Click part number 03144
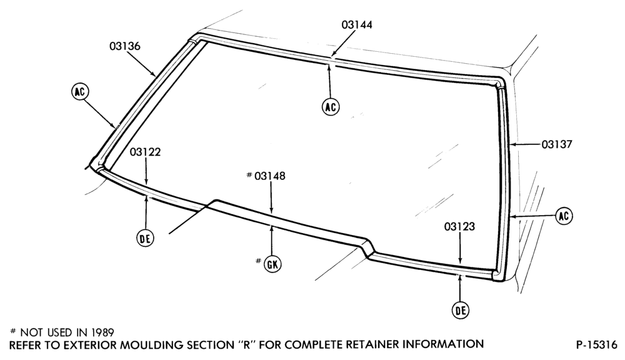click(357, 25)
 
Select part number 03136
click(125, 46)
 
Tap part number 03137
click(556, 144)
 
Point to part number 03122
click(145, 152)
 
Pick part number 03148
click(270, 176)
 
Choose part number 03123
click(459, 227)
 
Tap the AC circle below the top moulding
click(331, 107)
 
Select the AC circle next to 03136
click(80, 92)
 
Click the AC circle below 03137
click(564, 216)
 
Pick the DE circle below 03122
click(145, 238)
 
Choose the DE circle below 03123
click(461, 310)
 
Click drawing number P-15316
click(596, 344)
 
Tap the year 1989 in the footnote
click(101, 332)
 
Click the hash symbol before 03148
click(249, 174)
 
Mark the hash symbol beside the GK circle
click(258, 261)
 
